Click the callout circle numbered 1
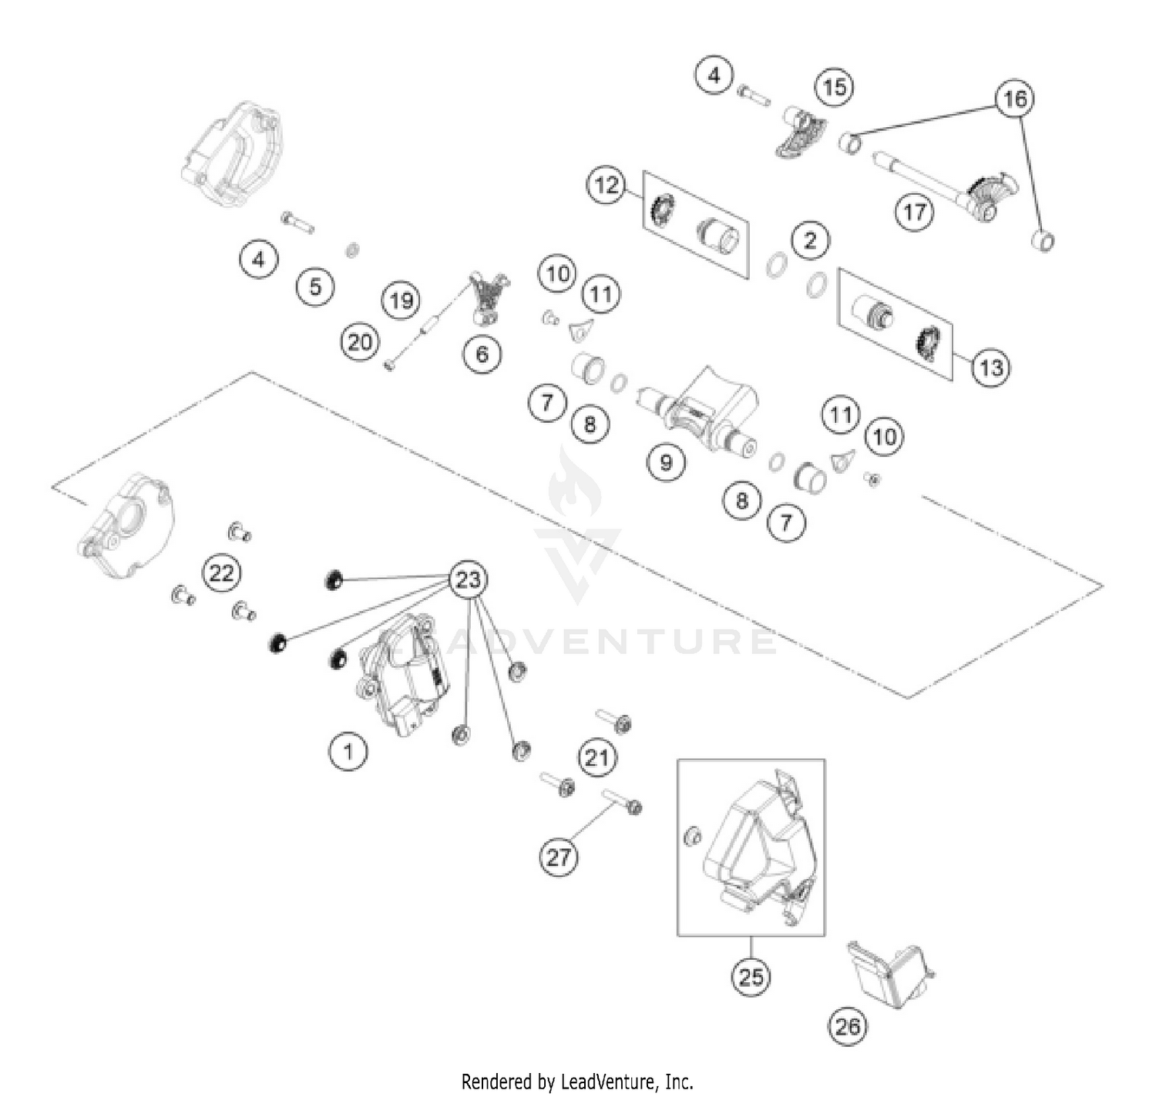[348, 750]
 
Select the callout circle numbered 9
[666, 462]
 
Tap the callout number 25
[751, 977]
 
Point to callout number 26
[847, 1026]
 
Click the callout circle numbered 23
[469, 579]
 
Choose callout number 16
[1015, 99]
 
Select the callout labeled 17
[914, 211]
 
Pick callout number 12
[607, 185]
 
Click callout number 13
[990, 367]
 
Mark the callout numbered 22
[221, 573]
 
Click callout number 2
[809, 240]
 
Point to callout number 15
[835, 87]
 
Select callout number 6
[482, 354]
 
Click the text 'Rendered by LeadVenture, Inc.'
[577, 1082]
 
